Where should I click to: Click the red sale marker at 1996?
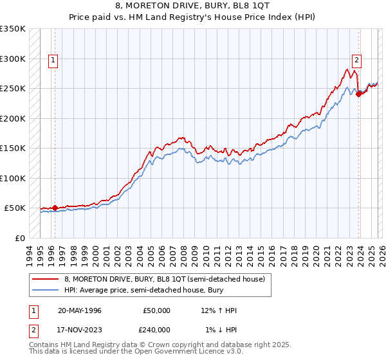55,208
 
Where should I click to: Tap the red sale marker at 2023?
358,94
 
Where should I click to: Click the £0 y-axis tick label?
20,238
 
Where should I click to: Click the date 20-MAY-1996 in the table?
80,310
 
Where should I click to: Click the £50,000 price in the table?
157,310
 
